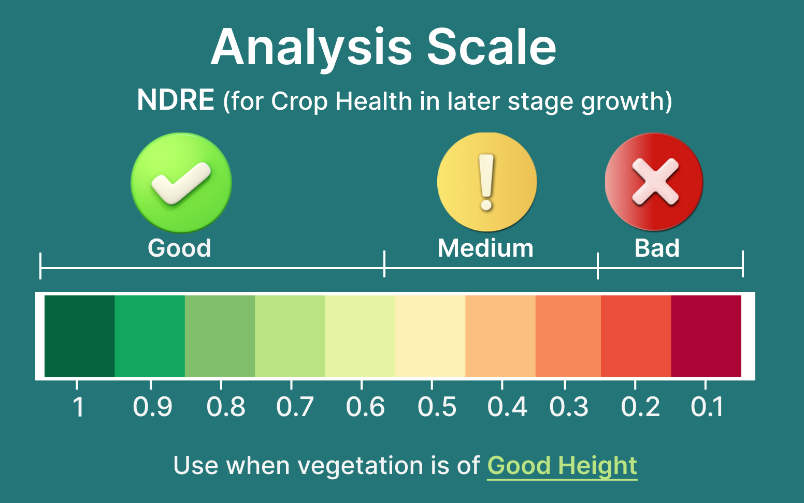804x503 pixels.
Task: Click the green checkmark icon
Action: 181,183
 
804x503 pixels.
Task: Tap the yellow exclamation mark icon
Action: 487,182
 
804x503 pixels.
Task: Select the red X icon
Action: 654,182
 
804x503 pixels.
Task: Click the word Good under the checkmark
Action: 179,248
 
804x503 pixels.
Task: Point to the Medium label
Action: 485,248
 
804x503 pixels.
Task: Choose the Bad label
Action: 657,248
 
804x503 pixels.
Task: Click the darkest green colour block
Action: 80,336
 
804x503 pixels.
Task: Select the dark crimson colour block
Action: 706,336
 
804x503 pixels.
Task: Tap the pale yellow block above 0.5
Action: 430,336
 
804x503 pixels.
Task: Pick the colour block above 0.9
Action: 150,336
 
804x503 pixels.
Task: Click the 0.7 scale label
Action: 295,407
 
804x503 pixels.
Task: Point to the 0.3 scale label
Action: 569,407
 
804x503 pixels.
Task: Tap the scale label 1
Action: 78,407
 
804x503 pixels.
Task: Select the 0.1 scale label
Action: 707,407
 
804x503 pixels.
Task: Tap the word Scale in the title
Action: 492,47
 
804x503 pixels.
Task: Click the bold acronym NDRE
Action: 176,100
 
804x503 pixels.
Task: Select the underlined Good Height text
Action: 562,466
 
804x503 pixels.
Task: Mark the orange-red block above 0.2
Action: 636,336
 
